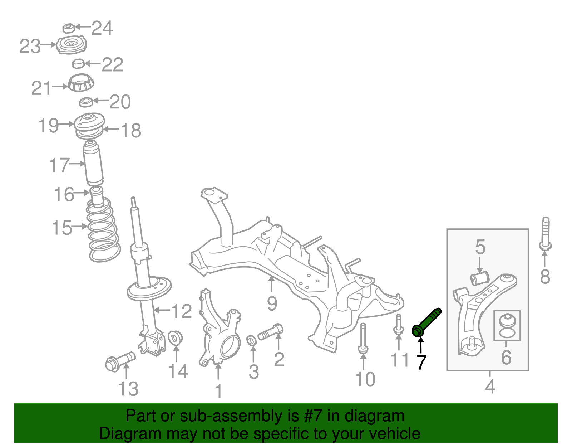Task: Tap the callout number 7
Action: (421, 362)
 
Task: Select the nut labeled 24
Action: (68, 28)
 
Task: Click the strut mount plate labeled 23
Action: (71, 45)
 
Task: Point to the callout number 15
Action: (62, 228)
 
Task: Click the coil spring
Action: (104, 231)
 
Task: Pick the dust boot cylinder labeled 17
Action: (93, 163)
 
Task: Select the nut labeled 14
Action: (175, 337)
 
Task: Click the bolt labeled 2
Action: (271, 331)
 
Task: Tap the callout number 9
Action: (272, 303)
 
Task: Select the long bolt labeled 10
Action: (363, 338)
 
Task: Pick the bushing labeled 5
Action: (479, 279)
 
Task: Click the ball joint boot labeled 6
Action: (507, 325)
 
